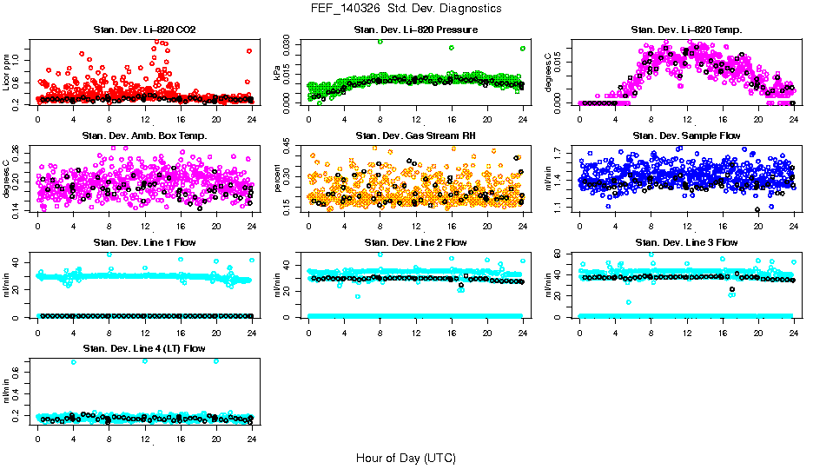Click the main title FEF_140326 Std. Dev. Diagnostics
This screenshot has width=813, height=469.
pos(406,9)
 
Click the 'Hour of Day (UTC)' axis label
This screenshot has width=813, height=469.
pos(406,457)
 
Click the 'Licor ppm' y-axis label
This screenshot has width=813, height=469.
pos(7,73)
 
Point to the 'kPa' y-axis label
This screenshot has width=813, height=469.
pos(278,73)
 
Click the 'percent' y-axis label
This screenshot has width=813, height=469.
pos(278,178)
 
